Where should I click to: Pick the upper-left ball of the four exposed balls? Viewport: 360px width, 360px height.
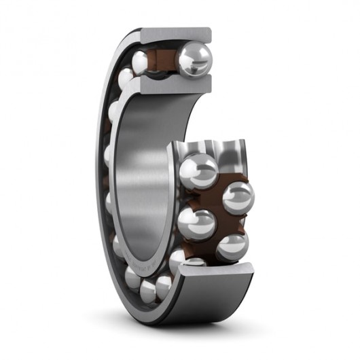coord(198,170)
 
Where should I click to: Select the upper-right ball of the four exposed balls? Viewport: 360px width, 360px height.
coord(238,198)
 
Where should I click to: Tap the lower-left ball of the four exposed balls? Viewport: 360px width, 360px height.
coord(196,223)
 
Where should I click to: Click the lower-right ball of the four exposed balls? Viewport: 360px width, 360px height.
coord(232,245)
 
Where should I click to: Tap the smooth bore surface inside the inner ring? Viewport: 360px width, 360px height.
coord(139,170)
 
